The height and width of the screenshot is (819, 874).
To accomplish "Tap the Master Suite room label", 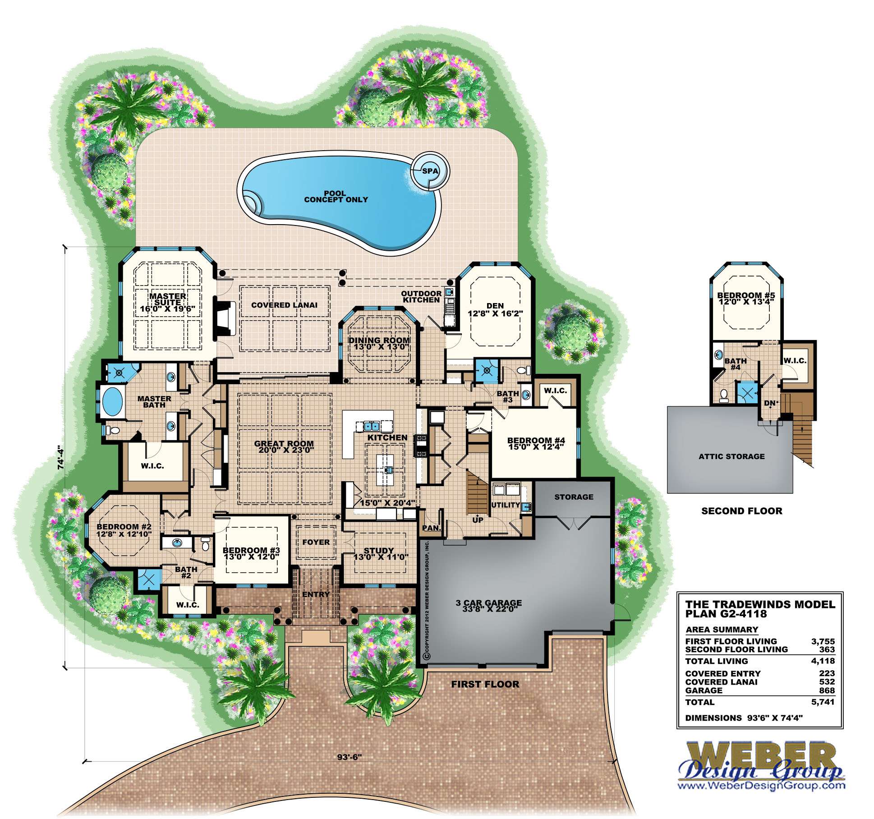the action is tap(168, 299).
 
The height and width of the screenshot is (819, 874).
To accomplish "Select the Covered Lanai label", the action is tap(284, 305).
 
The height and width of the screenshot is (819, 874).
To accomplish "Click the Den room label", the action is tap(495, 306).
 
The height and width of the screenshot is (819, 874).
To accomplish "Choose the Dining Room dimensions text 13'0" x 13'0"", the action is tap(379, 347).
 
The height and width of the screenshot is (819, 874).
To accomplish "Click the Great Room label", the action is tap(284, 443).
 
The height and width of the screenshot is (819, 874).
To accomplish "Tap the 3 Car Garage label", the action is tap(488, 603).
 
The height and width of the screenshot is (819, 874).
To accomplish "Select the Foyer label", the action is tap(316, 542).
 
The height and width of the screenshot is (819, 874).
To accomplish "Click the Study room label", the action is tap(379, 550).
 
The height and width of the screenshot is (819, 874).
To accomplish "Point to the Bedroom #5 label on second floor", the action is tap(746, 295).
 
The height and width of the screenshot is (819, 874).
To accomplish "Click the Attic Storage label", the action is tap(731, 456).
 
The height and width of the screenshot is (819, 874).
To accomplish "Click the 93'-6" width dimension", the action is tap(350, 757).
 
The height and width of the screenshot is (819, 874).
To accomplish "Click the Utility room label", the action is tap(505, 505).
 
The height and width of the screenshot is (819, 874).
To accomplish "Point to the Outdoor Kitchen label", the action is tap(421, 296).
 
